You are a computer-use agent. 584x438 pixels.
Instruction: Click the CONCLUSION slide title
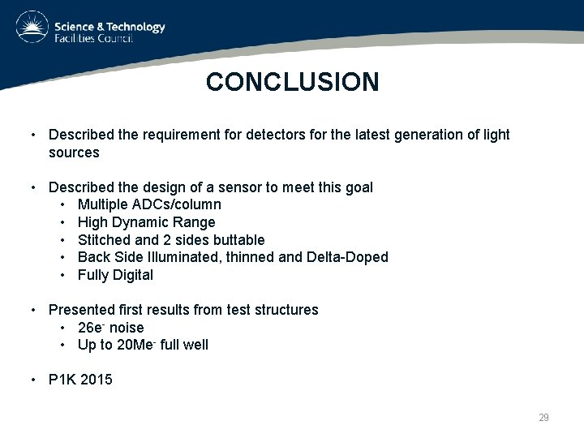292,82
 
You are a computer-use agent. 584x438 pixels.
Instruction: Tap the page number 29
543,418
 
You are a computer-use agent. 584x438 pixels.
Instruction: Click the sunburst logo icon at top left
32,28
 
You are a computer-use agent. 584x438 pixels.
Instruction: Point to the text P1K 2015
80,379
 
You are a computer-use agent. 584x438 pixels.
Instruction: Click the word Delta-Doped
347,257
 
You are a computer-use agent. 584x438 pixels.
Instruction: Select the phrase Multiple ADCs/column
149,204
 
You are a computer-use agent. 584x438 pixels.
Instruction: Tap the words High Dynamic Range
146,222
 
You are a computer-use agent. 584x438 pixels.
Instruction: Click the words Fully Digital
115,275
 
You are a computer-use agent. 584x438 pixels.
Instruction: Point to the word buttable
238,240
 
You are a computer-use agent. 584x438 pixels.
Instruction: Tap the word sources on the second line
74,152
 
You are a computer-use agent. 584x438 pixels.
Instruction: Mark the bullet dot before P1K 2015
32,379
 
